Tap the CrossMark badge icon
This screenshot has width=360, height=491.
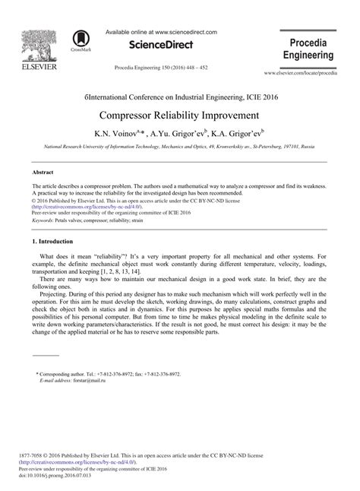tap(80, 40)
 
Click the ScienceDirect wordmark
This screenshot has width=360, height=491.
tap(161, 46)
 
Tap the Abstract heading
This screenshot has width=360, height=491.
tap(44, 173)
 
